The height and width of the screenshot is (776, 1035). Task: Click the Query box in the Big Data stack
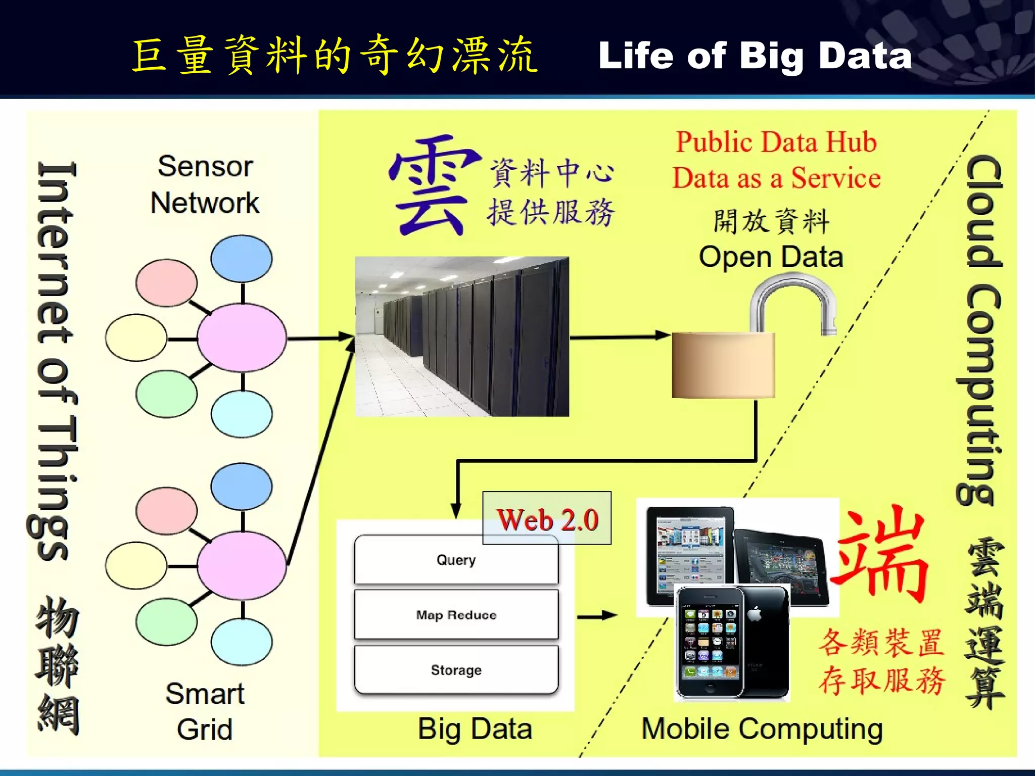(x=456, y=560)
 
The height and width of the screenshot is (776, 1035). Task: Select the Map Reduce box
(x=456, y=615)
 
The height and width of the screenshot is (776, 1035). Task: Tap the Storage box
(x=456, y=670)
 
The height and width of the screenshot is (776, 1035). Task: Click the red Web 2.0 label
(x=547, y=519)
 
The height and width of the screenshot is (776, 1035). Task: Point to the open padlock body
(x=723, y=365)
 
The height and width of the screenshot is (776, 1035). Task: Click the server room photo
(x=462, y=336)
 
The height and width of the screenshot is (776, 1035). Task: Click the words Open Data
(x=771, y=257)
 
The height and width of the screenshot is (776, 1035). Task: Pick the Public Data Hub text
(x=776, y=142)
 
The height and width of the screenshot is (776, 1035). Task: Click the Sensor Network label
(x=205, y=185)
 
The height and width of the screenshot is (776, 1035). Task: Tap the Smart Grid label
(x=205, y=711)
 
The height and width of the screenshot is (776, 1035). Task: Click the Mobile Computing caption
(x=762, y=729)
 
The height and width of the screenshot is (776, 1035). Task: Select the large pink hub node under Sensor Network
(x=242, y=338)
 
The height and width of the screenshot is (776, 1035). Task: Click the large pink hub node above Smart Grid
(x=242, y=566)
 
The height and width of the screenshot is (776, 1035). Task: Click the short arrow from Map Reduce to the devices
(x=597, y=616)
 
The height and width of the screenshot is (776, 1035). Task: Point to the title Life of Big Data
(x=755, y=56)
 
